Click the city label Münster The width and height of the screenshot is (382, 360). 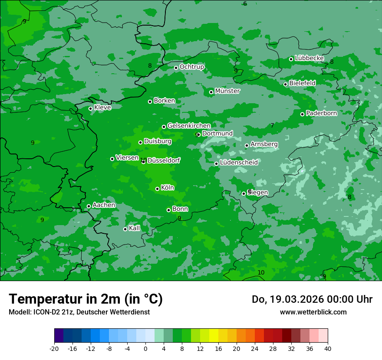(x=227, y=91)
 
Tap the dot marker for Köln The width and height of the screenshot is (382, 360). (x=157, y=189)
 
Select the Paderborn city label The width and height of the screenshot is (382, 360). (x=321, y=113)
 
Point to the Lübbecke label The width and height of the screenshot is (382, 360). (x=309, y=58)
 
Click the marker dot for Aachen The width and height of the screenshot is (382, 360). (x=89, y=206)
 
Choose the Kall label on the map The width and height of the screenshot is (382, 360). (x=134, y=228)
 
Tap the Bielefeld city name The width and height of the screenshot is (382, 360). (x=302, y=83)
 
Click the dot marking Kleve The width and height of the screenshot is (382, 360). (x=90, y=108)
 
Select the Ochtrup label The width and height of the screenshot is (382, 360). (x=191, y=67)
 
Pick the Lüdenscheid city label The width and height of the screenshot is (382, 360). (x=239, y=163)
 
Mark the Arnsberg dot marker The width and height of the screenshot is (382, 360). (x=247, y=145)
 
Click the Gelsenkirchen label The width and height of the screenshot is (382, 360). (x=189, y=126)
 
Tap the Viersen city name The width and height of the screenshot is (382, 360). (x=127, y=158)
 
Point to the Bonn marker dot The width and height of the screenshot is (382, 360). (x=168, y=210)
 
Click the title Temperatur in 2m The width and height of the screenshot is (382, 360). (x=86, y=299)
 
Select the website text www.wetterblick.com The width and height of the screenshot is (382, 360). (x=313, y=312)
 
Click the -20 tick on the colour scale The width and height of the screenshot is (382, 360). (x=54, y=348)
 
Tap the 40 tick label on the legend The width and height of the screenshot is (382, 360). (x=327, y=348)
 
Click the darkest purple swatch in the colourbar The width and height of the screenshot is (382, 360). (x=59, y=335)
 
